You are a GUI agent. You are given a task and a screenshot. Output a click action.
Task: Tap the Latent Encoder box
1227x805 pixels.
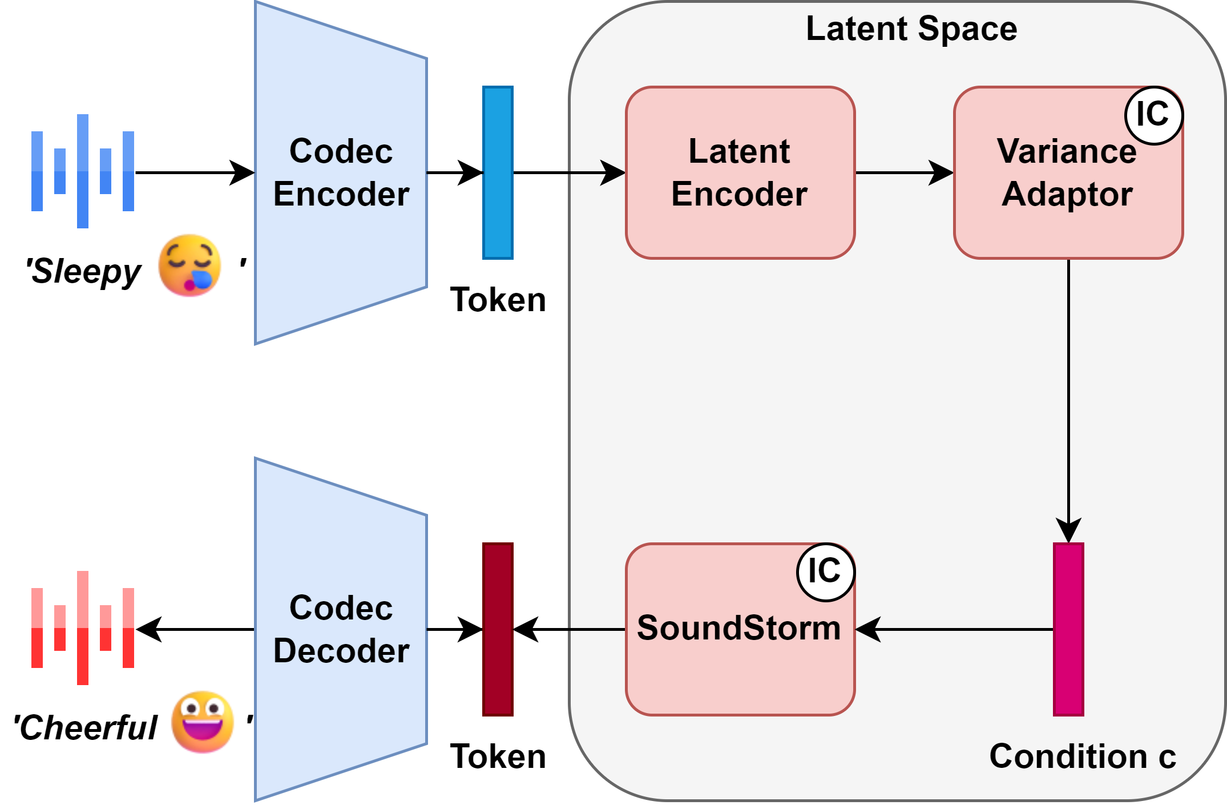tap(740, 172)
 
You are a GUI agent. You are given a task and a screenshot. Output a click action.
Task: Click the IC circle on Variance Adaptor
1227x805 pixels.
tap(1153, 115)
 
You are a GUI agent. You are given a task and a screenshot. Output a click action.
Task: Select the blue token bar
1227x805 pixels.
tap(498, 172)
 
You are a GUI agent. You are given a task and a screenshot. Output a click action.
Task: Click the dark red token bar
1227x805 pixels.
tap(498, 629)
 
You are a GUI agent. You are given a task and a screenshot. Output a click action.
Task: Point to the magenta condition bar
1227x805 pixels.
tap(1068, 629)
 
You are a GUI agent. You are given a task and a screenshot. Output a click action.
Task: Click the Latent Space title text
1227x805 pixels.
tap(911, 29)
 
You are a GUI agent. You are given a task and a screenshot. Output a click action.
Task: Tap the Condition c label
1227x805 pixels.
tap(1082, 756)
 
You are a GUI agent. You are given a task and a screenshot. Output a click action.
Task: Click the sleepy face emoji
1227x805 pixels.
tap(189, 265)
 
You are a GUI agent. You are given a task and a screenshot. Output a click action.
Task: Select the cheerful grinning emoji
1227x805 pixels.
tap(203, 722)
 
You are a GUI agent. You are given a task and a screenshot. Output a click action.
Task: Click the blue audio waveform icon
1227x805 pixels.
tap(83, 171)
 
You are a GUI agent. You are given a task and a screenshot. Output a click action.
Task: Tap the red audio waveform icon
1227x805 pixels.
tap(83, 628)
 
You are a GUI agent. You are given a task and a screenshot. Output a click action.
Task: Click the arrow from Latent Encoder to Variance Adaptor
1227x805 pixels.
tap(904, 172)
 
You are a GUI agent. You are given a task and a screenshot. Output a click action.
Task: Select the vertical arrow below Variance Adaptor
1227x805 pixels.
tap(1068, 400)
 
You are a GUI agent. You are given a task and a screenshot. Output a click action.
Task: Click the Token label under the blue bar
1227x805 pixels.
tap(498, 300)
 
